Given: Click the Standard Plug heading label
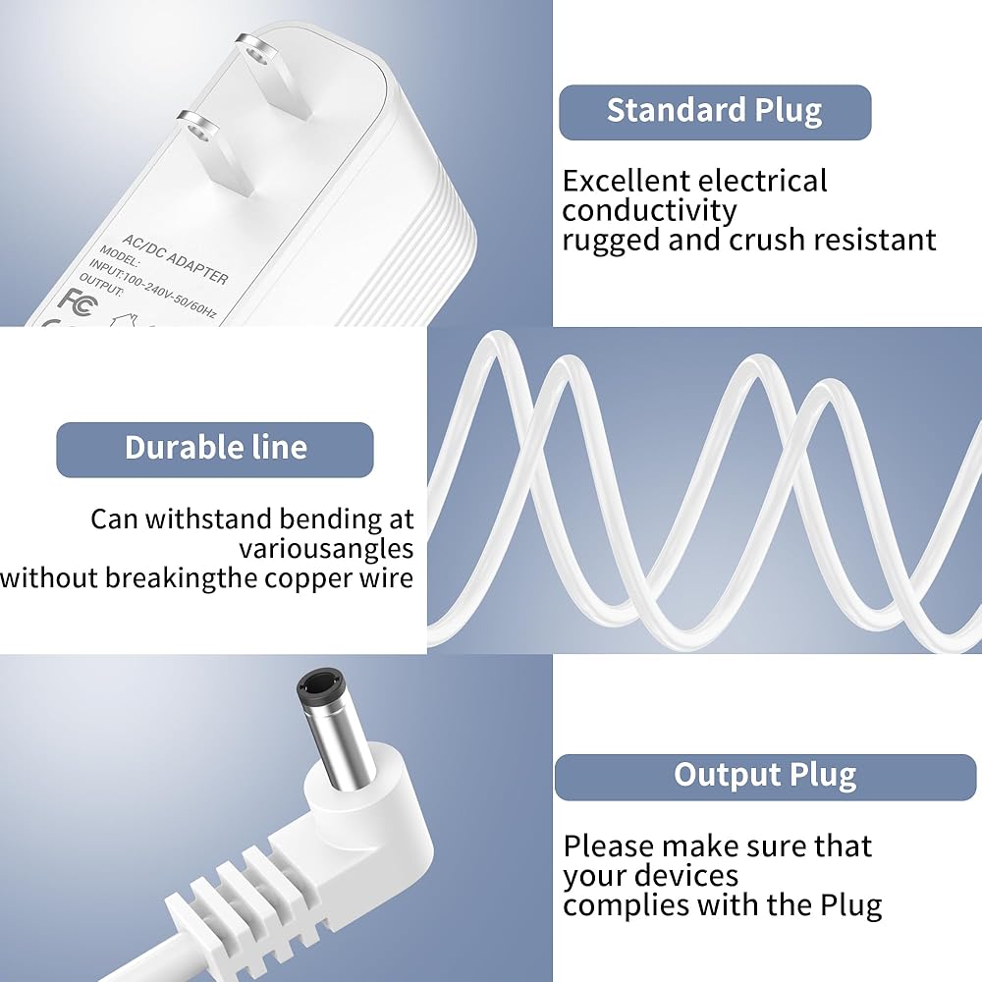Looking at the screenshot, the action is pyautogui.click(x=715, y=112).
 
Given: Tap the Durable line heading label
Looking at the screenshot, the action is pyautogui.click(x=215, y=449).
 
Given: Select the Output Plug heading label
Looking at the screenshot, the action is pyautogui.click(x=765, y=777).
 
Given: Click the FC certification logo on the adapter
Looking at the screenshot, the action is pyautogui.click(x=78, y=299).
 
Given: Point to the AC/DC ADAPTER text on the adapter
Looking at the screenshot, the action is pyautogui.click(x=176, y=259).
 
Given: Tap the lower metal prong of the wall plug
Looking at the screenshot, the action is pyautogui.click(x=215, y=151).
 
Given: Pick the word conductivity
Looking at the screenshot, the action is pyautogui.click(x=649, y=211).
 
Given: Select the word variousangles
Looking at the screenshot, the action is pyautogui.click(x=326, y=550).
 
